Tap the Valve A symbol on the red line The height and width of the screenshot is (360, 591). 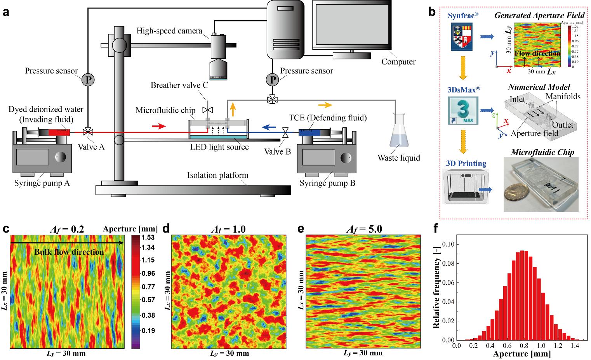click(x=88, y=132)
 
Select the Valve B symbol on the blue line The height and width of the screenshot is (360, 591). click(x=286, y=133)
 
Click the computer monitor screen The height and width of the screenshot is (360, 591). click(x=352, y=26)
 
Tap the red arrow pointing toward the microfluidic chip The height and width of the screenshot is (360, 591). click(x=158, y=126)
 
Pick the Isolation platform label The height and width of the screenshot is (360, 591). click(x=217, y=175)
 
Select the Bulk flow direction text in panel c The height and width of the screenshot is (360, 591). click(x=69, y=252)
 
